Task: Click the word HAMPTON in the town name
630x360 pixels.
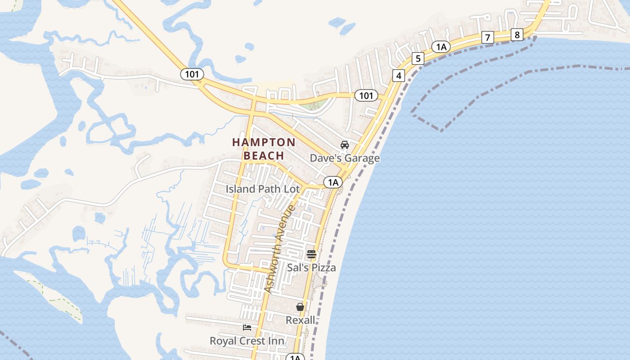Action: pos(264,143)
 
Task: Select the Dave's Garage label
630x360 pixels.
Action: pos(345,158)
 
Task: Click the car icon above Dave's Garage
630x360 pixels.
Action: pos(345,145)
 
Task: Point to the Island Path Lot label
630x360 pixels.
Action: pos(263,189)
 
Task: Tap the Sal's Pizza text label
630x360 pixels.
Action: pos(311,268)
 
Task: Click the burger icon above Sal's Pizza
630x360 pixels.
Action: pos(311,254)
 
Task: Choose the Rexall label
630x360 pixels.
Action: pos(301,320)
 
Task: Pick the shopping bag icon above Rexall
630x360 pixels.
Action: pos(300,307)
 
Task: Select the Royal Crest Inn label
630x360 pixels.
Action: pos(247,341)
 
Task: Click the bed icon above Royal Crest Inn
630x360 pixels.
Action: pos(247,327)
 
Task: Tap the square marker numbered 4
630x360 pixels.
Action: pos(398,76)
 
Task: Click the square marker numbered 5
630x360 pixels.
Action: pos(418,58)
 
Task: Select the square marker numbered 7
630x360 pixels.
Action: pos(487,37)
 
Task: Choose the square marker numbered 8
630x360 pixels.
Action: pos(517,35)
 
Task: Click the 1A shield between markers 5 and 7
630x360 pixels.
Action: pos(441,47)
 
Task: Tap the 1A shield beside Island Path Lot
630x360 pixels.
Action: pos(333,182)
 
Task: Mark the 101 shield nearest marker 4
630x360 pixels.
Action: pos(366,95)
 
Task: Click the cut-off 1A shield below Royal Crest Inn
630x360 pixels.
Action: pos(295,357)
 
